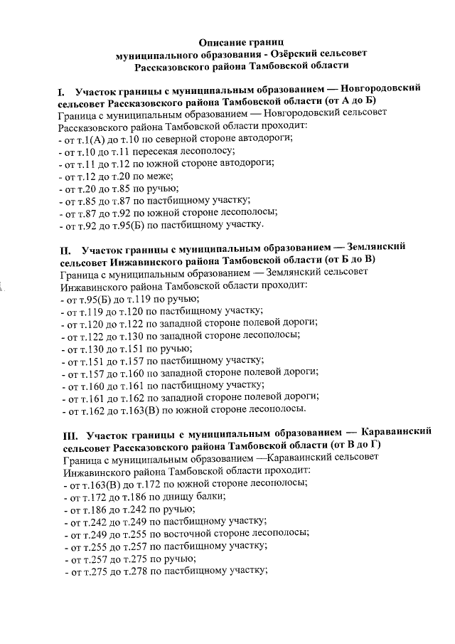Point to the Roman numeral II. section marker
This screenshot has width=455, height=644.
click(x=65, y=250)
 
